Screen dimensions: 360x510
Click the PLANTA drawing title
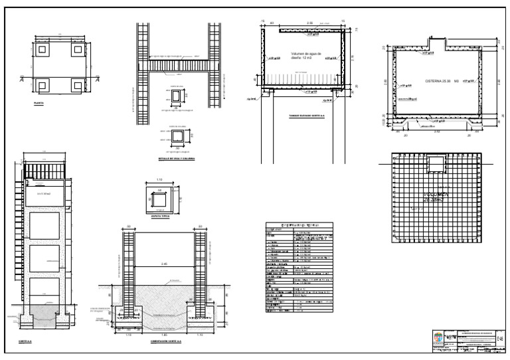(x=39, y=104)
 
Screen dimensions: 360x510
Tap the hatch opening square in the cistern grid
(x=436, y=163)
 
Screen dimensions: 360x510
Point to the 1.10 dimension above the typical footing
(x=159, y=180)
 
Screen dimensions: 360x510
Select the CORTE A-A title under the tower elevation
(x=27, y=343)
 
